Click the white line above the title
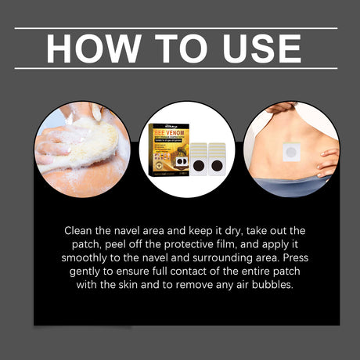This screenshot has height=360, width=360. point(176,28)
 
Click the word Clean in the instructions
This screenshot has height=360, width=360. point(81,232)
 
